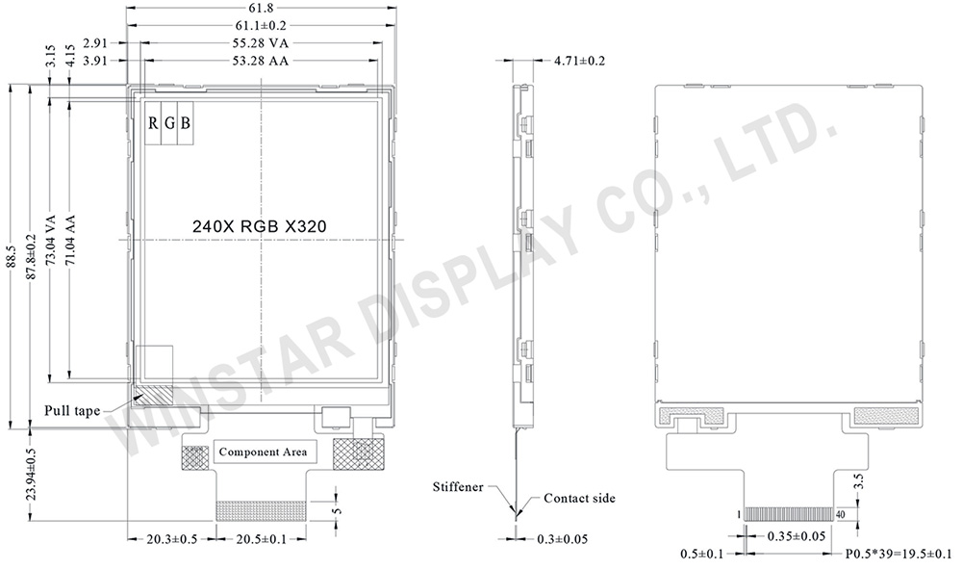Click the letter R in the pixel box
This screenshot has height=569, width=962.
point(153,123)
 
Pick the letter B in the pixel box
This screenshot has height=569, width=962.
point(185,123)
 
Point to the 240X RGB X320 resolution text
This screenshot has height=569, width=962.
point(260,225)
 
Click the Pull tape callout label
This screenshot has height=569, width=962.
point(72,411)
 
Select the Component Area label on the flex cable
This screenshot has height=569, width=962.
point(262,452)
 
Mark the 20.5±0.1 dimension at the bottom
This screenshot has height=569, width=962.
point(261,539)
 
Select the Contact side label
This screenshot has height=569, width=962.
point(579,498)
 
